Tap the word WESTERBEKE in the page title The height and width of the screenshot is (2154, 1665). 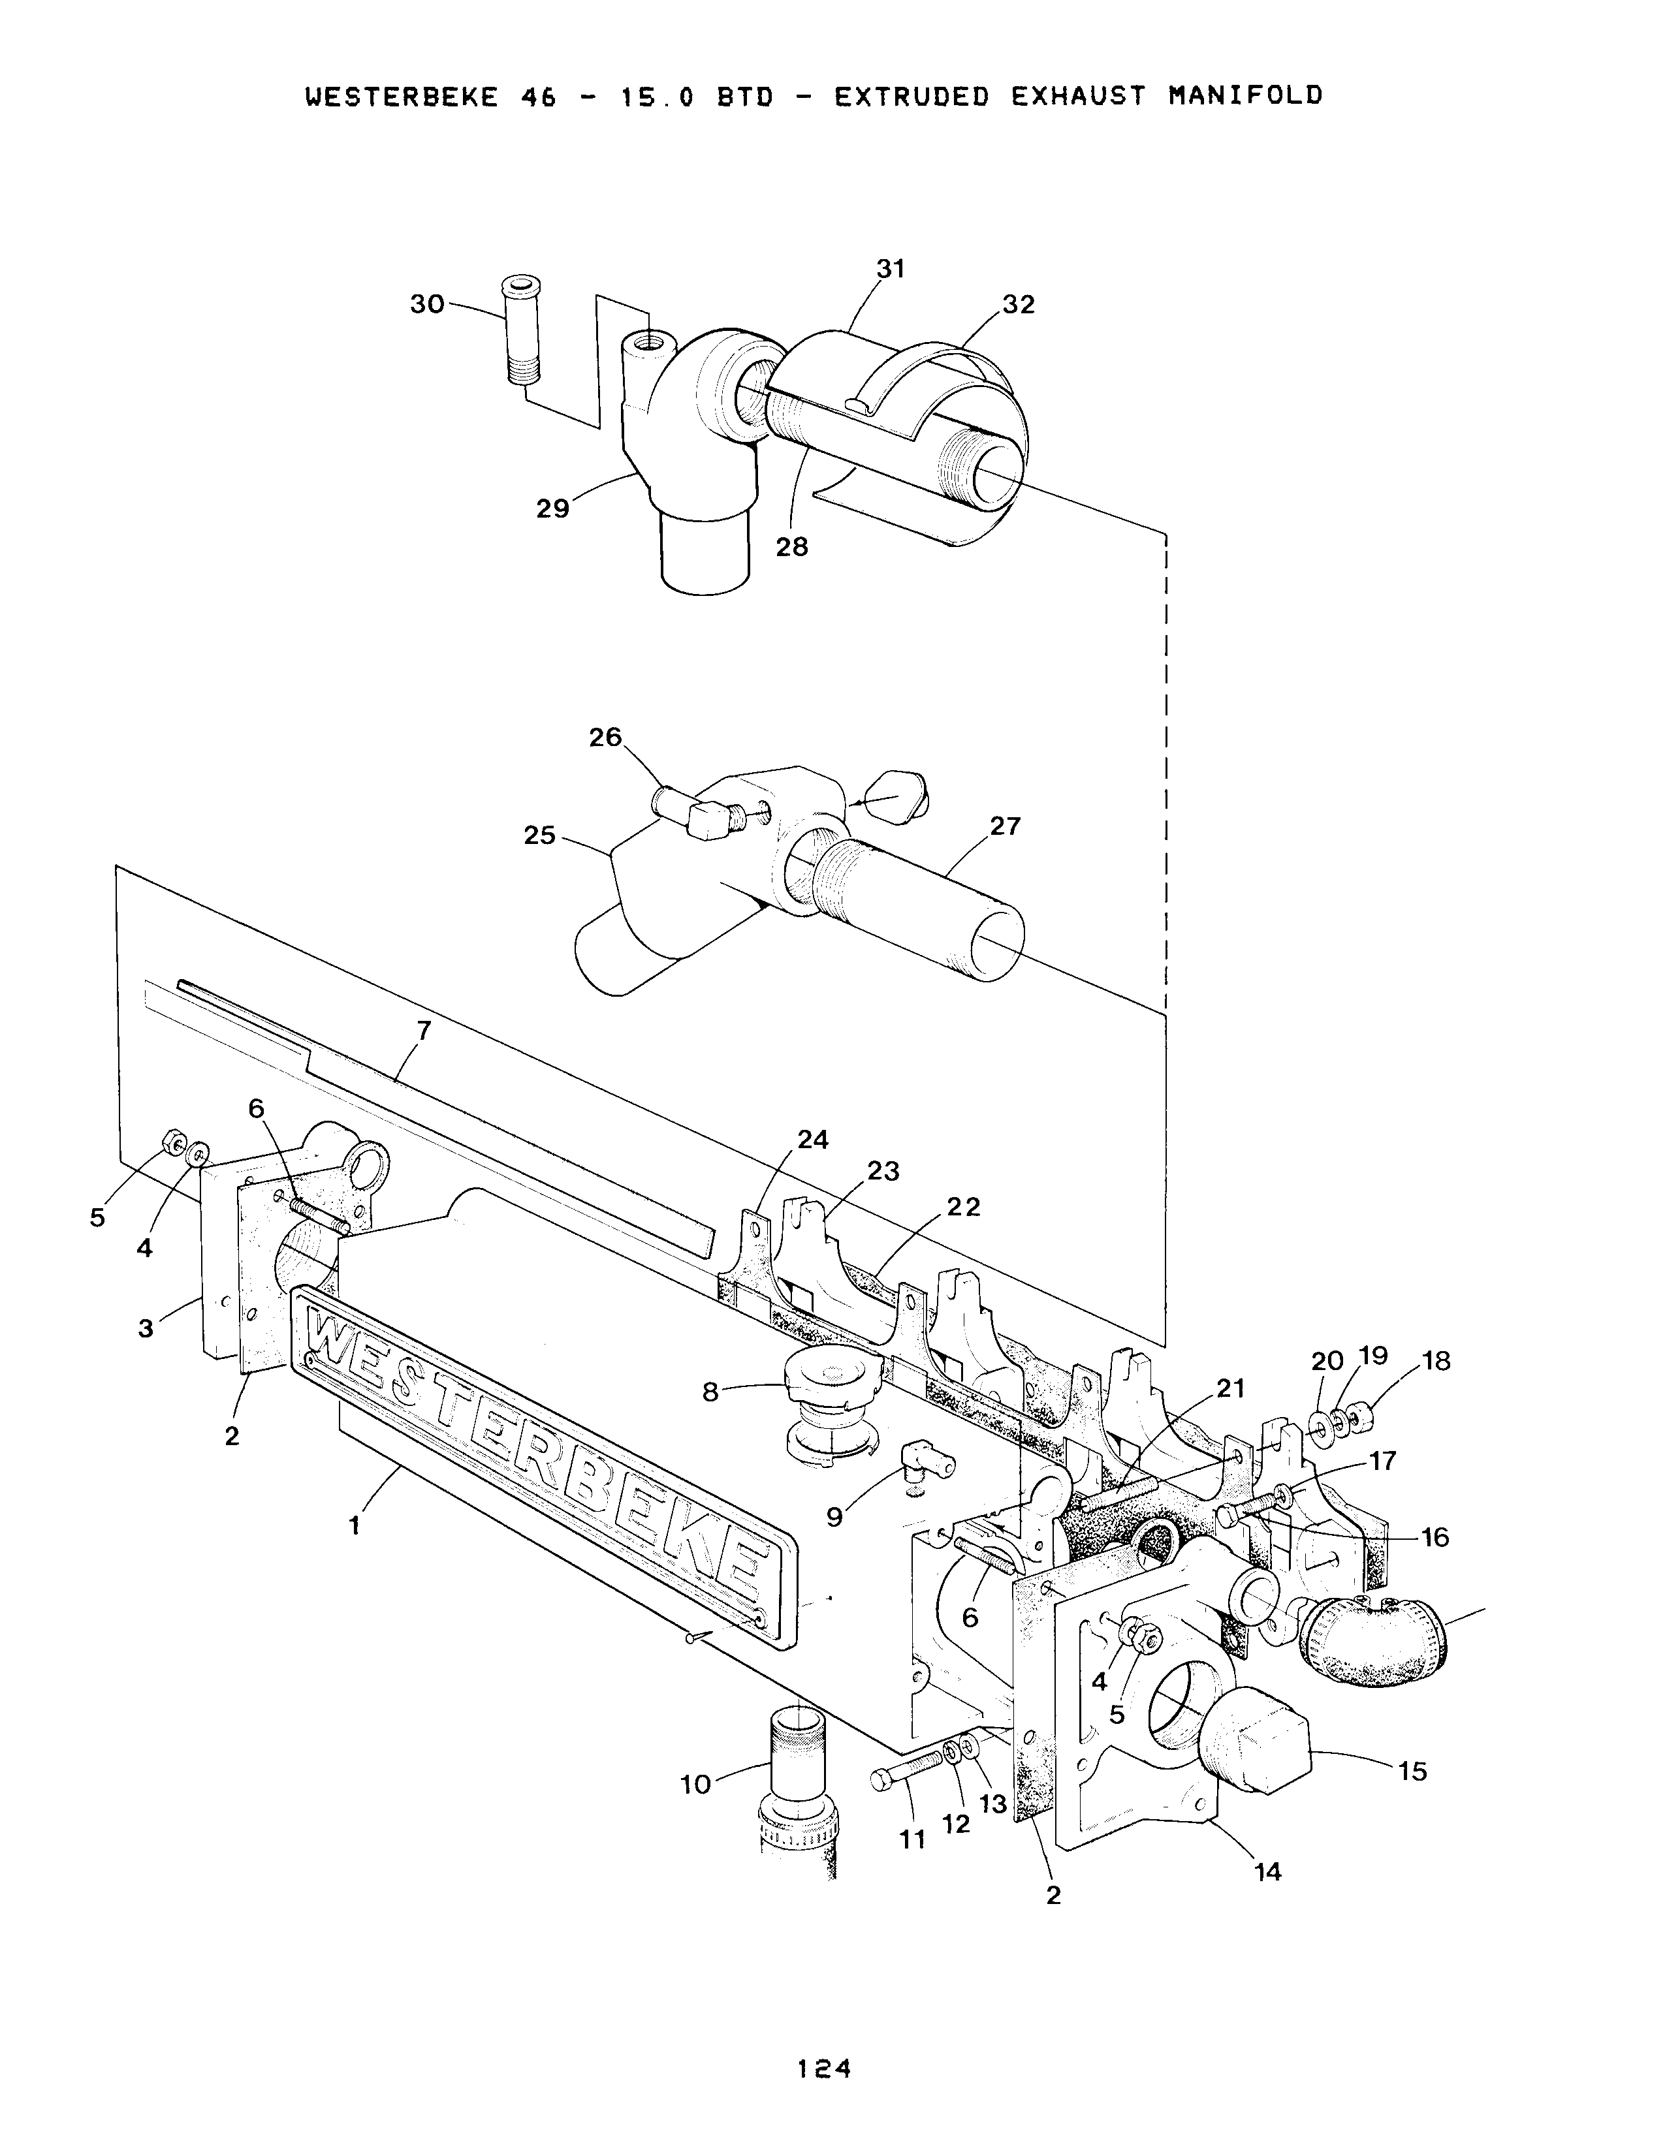(x=402, y=97)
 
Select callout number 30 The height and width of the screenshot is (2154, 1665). (x=427, y=305)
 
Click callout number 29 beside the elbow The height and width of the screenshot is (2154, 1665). (x=552, y=509)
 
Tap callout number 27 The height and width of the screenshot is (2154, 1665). (x=1005, y=826)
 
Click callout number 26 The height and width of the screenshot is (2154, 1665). (x=606, y=737)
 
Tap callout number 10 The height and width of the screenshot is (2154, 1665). (x=695, y=1784)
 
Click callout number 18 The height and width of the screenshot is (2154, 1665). (x=1436, y=1361)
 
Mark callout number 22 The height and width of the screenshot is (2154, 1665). (x=964, y=1207)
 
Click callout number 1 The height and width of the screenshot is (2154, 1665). (x=353, y=1527)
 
